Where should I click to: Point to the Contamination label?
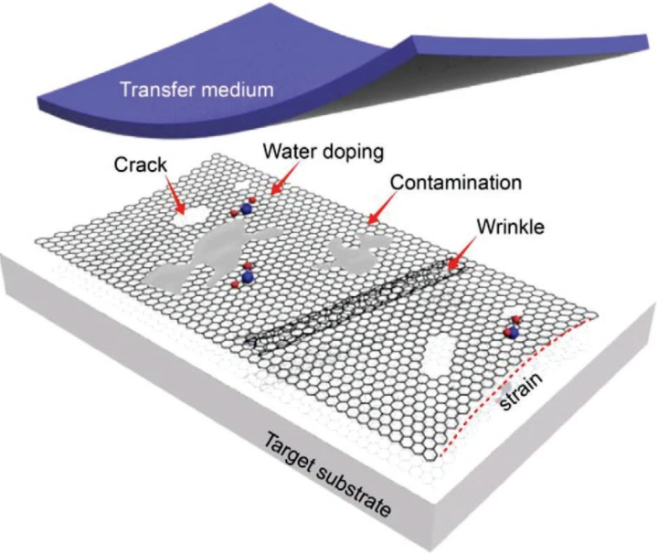[x=455, y=182]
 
